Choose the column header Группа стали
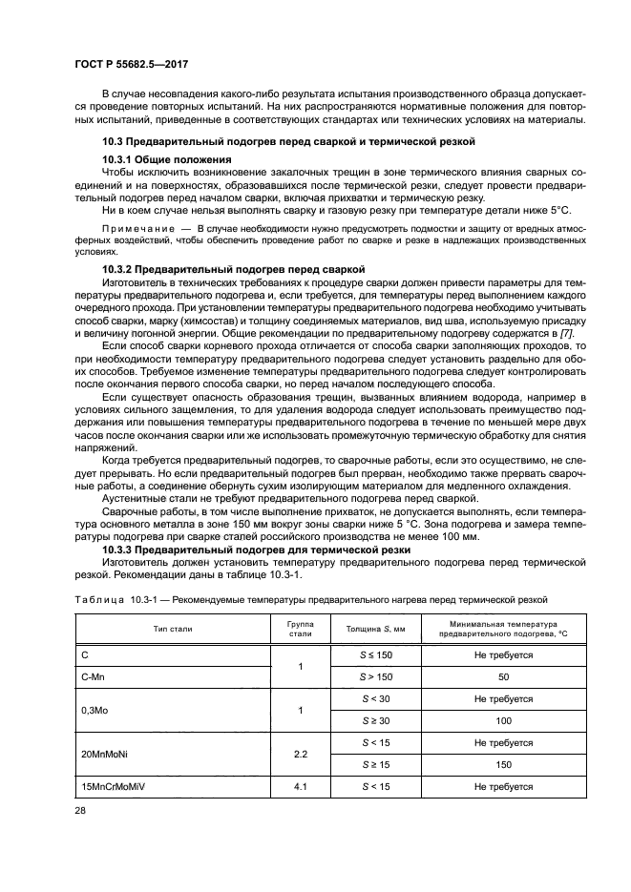pos(301,631)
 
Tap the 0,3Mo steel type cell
pos(95,711)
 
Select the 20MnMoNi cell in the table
pos(104,754)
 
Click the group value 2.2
pos(301,754)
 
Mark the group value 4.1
pos(301,786)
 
